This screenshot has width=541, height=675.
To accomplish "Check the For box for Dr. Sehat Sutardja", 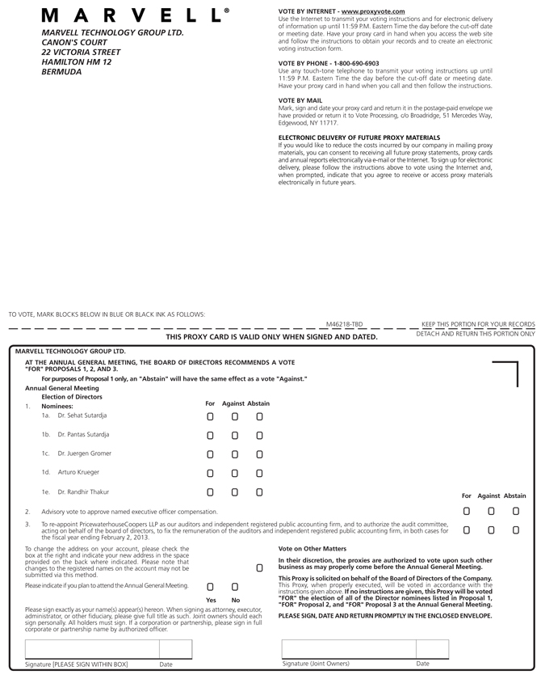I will (210, 416).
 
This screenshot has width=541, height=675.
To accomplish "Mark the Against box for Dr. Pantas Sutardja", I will (235, 435).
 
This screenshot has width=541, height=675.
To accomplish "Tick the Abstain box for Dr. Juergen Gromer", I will (259, 454).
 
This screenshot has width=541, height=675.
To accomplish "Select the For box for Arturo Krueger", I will (210, 473).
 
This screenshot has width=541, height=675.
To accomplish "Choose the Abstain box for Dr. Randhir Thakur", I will (259, 491).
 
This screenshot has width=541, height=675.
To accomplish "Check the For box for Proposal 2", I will (467, 511).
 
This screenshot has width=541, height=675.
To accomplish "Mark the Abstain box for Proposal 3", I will (516, 530).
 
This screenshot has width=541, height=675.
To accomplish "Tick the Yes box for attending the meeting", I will (210, 586).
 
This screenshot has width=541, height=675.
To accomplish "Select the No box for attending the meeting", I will (235, 586).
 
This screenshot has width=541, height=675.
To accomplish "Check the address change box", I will (259, 567).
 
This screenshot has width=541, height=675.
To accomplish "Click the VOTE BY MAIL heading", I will (300, 101).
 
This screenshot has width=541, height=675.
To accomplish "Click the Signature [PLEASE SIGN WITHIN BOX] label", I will (78, 664).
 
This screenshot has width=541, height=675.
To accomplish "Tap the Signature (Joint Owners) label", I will (316, 664).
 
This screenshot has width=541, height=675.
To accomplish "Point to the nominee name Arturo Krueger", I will (78, 472).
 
